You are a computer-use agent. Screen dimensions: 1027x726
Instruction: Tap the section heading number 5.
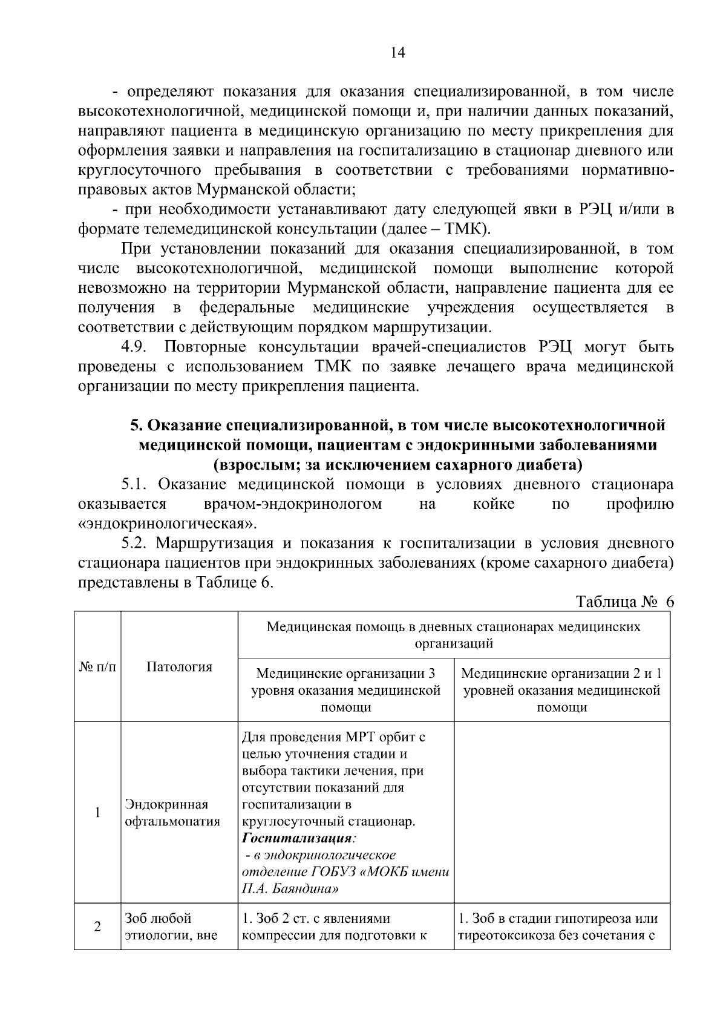136,425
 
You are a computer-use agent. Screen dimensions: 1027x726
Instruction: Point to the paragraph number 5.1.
136,485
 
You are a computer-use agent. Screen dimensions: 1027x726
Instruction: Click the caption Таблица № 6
625,602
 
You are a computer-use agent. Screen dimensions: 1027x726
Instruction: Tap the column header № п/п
97,667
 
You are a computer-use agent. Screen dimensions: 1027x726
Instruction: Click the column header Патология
179,667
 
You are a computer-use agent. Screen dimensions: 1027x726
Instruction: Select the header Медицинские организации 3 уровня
345,691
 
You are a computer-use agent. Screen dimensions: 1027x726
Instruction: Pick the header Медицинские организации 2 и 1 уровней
562,691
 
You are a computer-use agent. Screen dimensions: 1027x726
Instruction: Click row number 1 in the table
97,813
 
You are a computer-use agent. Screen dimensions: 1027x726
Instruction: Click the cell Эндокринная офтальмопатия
172,813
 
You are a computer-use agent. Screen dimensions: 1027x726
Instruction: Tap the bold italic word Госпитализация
297,839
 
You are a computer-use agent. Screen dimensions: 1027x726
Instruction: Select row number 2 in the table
97,927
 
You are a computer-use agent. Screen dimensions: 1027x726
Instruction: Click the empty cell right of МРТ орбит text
562,813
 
